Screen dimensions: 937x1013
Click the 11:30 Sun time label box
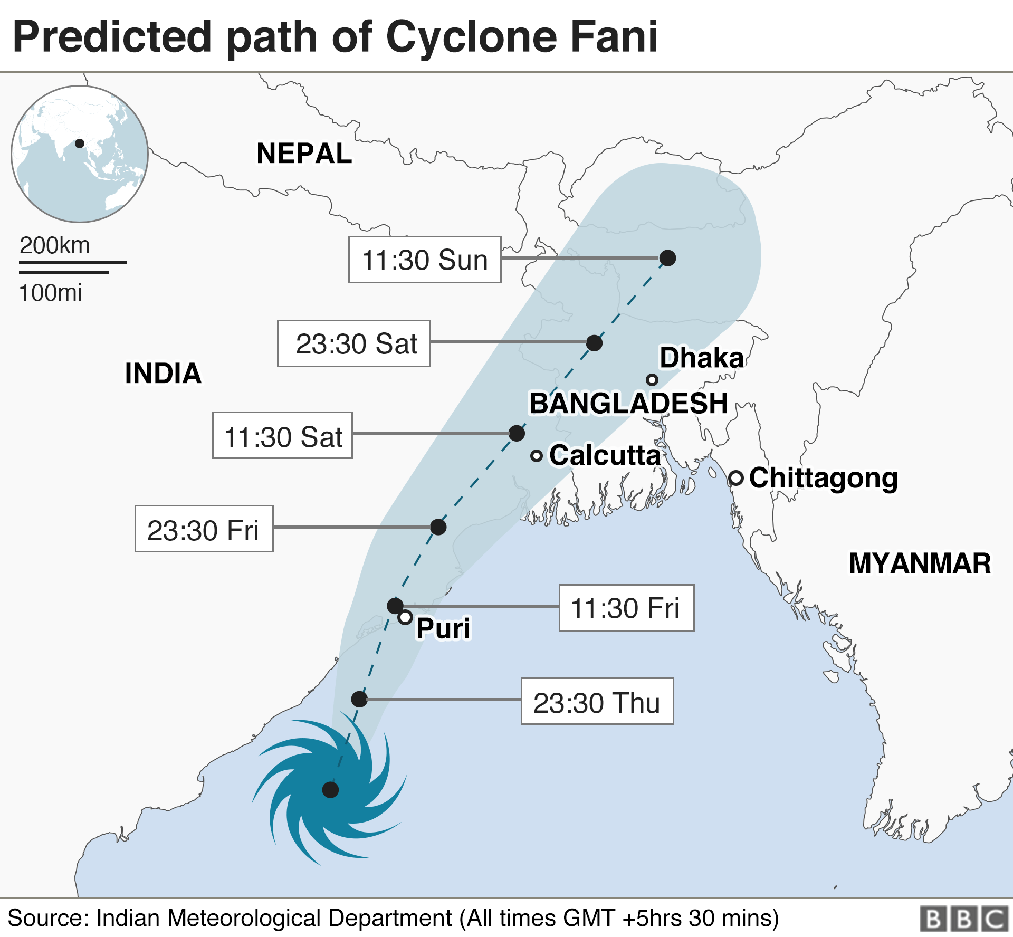pyautogui.click(x=425, y=260)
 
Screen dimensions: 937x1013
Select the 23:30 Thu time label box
pyautogui.click(x=597, y=701)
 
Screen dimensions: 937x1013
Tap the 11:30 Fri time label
pyautogui.click(x=626, y=608)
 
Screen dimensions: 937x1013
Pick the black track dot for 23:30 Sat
pyautogui.click(x=595, y=343)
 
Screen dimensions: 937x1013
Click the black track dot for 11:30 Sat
pyautogui.click(x=517, y=433)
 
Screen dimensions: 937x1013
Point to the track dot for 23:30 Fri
pyautogui.click(x=438, y=527)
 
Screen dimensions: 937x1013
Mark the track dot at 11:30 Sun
pyautogui.click(x=668, y=258)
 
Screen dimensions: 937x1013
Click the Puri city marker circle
pyautogui.click(x=405, y=617)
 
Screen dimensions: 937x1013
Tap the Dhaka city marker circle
pyautogui.click(x=652, y=380)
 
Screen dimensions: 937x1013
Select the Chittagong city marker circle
pyautogui.click(x=737, y=478)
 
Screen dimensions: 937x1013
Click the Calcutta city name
pyautogui.click(x=605, y=455)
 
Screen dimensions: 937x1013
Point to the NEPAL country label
pyautogui.click(x=304, y=154)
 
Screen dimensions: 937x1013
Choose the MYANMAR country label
pyautogui.click(x=920, y=563)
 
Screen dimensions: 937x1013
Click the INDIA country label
pyautogui.click(x=163, y=373)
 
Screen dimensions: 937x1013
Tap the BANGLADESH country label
pyautogui.click(x=628, y=404)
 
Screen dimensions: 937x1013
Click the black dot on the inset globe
pyautogui.click(x=80, y=144)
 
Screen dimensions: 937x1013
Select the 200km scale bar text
pyautogui.click(x=55, y=246)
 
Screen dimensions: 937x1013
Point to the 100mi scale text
pyautogui.click(x=51, y=293)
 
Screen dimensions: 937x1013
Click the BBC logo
pyautogui.click(x=964, y=919)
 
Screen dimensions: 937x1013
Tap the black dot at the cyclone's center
pyautogui.click(x=330, y=790)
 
